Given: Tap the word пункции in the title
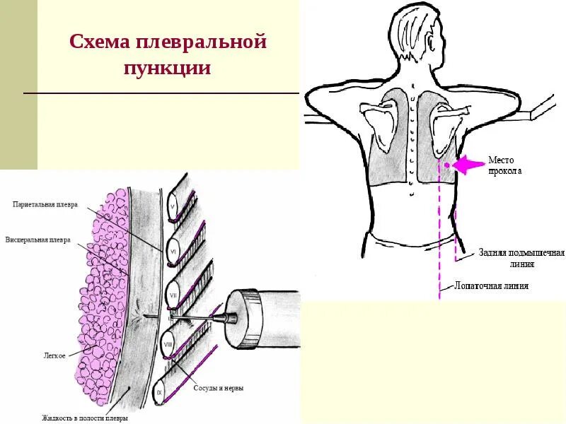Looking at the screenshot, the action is pyautogui.click(x=168, y=69).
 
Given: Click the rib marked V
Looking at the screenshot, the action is pyautogui.click(x=172, y=207).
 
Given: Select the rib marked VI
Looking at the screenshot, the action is pyautogui.click(x=173, y=250).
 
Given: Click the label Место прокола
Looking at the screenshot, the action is pyautogui.click(x=504, y=166).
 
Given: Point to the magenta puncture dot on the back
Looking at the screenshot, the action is pyautogui.click(x=446, y=165).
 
